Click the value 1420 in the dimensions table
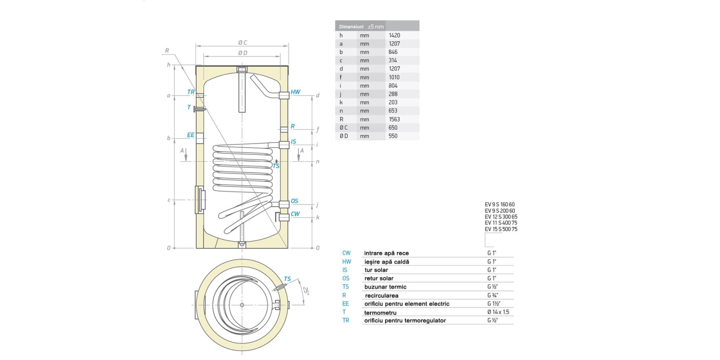pos(394,35)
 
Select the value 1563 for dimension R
pos(394,119)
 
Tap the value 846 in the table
pos(393,52)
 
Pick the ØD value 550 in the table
pos(393,136)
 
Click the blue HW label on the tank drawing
pos(295,92)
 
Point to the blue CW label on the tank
pos(295,214)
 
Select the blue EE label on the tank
pos(191,135)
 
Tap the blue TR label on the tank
pos(191,92)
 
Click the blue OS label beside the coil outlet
pos(294,201)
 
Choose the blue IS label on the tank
pos(293,142)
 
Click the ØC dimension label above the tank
pos(243,43)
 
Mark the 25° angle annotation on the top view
pos(306,291)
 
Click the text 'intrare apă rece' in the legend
pos(387,253)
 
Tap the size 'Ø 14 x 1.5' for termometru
pos(498,312)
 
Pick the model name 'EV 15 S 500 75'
pos(501,229)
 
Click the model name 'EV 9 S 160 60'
pos(499,204)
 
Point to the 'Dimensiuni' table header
pos(351,27)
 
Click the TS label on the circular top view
pos(287,279)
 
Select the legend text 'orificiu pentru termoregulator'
pos(405,321)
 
